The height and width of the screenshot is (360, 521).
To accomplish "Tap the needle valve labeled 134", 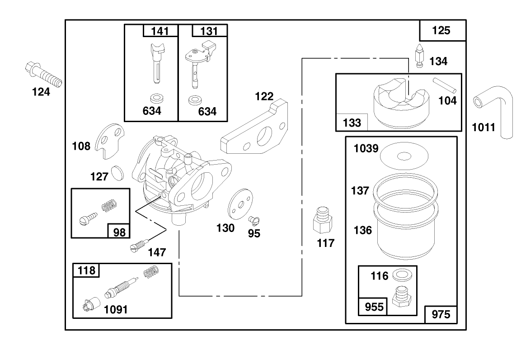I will point(419,58).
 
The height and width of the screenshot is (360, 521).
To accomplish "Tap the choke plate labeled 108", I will point(111,140).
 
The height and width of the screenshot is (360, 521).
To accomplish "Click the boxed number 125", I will point(441,30).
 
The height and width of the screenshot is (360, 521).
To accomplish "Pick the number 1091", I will point(116,310).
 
